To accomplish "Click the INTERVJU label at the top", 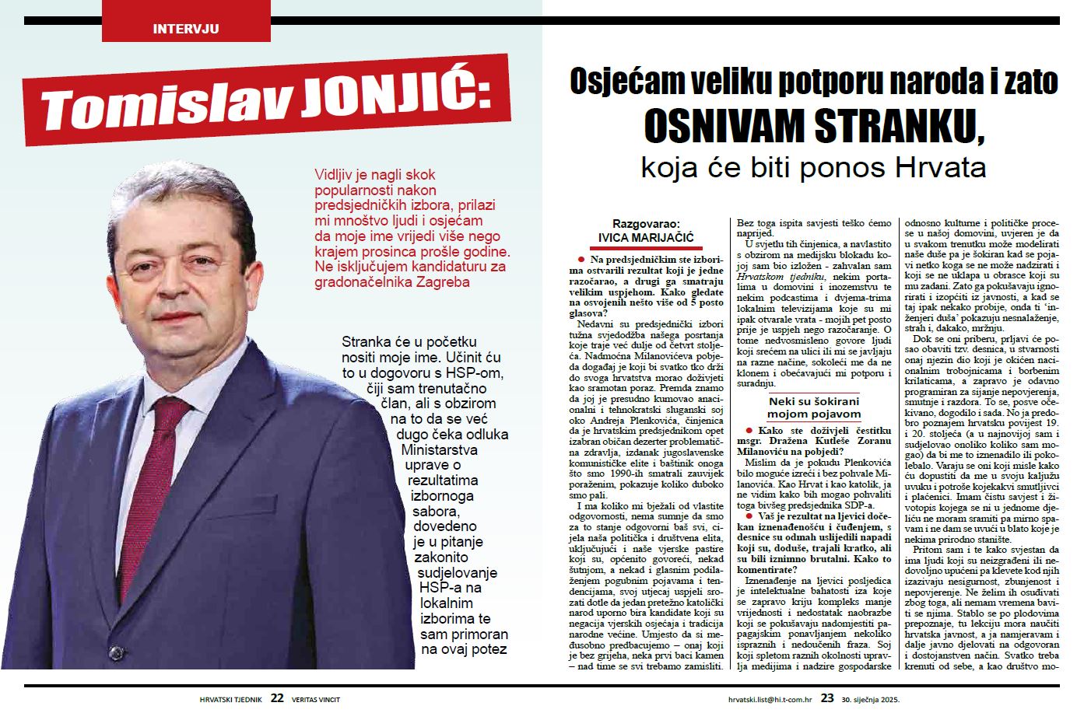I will (x=186, y=29).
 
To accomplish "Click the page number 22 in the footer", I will (x=277, y=698).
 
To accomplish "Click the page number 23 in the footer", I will (x=826, y=698).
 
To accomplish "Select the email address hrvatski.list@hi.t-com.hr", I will (x=770, y=699).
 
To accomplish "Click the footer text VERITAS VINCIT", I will (x=316, y=699).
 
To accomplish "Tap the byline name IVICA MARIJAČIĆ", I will (x=646, y=237).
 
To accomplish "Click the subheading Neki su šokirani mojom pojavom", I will (x=814, y=407).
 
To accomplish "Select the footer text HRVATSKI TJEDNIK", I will (x=231, y=699).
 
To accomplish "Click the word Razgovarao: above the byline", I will (x=646, y=222).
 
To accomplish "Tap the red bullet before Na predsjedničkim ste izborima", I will (x=581, y=258).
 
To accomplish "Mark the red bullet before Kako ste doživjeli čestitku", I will (x=748, y=430).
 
